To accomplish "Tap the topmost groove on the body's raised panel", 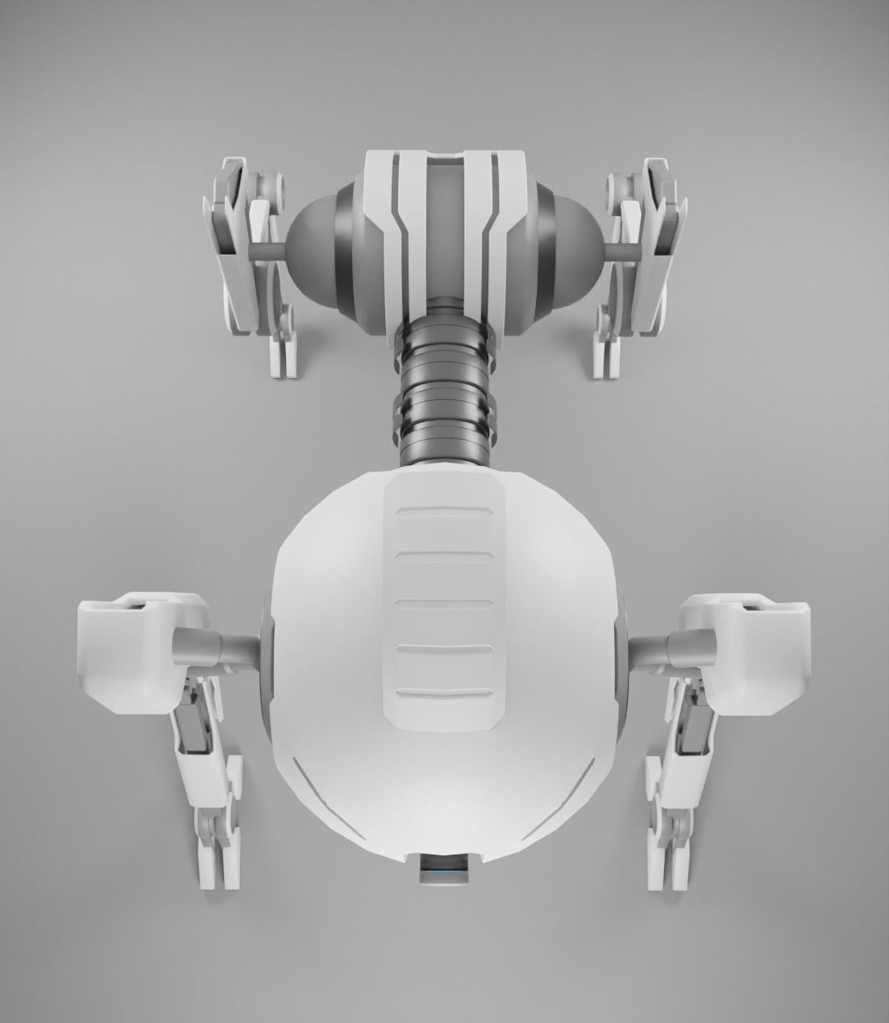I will coord(444,512).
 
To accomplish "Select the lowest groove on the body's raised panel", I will coord(444,692).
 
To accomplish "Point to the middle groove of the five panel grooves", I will coord(444,601).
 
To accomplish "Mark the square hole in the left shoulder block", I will coord(135,606).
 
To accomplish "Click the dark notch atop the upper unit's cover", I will coord(444,153).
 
